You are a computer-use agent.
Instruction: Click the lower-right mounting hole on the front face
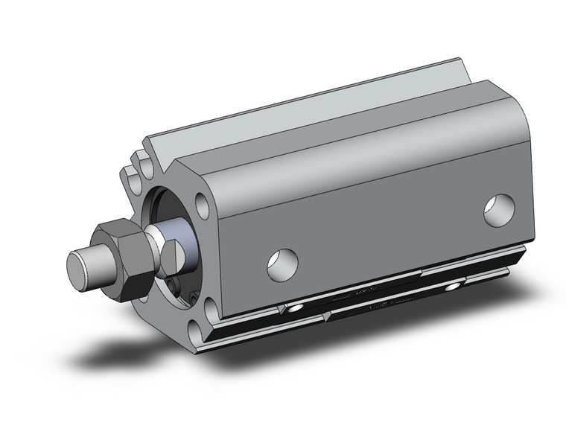coord(211,304)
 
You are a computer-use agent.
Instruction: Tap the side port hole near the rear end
coord(499,208)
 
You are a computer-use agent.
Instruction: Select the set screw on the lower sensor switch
coord(452,287)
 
